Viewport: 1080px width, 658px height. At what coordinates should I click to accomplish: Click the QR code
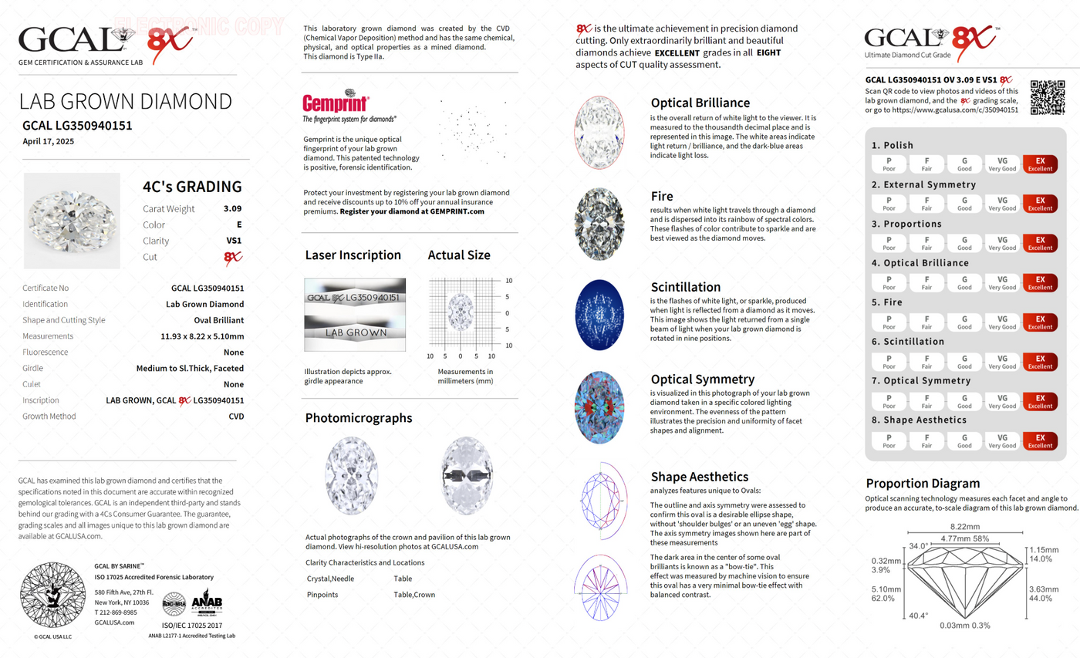[x=1047, y=97]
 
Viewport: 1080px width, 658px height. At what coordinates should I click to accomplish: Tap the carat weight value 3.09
[x=232, y=208]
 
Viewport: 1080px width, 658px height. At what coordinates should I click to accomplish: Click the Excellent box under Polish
[x=1039, y=165]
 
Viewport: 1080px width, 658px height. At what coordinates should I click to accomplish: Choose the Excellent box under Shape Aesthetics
[x=1039, y=440]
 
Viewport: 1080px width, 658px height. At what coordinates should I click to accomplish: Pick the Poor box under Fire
[x=889, y=322]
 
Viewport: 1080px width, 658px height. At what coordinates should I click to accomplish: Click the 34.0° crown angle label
[x=918, y=546]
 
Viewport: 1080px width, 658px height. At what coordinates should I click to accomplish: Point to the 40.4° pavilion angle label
[x=917, y=616]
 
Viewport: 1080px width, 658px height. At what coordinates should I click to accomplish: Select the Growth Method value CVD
[x=236, y=417]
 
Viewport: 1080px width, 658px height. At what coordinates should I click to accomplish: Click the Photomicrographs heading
[x=359, y=418]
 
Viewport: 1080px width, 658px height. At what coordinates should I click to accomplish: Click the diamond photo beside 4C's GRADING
[x=72, y=221]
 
